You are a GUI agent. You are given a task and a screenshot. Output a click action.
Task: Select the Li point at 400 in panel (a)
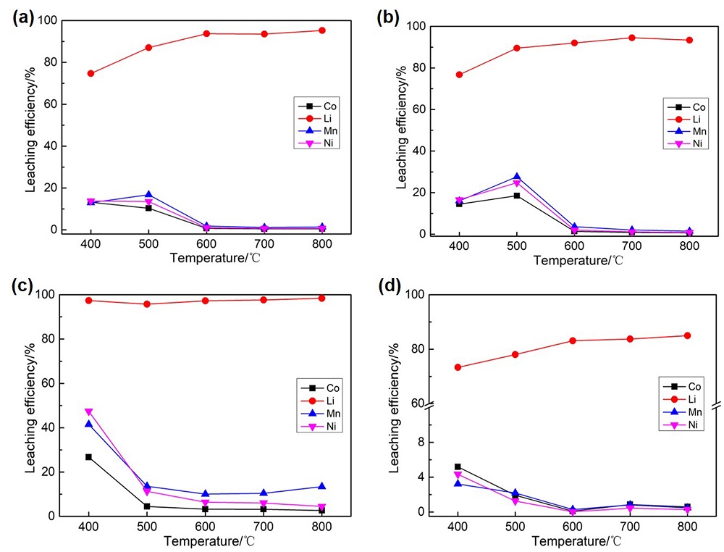pos(90,73)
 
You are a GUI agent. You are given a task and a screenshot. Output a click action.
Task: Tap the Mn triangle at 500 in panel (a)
pos(148,195)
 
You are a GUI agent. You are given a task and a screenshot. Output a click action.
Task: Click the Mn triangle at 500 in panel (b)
pos(517,177)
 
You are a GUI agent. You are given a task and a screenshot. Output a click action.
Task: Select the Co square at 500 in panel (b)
pos(517,196)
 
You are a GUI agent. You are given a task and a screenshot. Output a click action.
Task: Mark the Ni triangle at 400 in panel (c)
pos(89,412)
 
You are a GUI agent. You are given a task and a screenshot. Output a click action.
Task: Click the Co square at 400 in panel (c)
pos(89,457)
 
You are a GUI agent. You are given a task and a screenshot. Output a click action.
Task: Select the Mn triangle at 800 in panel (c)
pos(321,487)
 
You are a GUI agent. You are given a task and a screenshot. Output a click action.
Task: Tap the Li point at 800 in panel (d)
pos(686,335)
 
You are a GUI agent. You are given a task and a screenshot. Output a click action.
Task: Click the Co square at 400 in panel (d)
pos(457,467)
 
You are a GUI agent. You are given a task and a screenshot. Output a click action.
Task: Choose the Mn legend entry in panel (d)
pos(684,411)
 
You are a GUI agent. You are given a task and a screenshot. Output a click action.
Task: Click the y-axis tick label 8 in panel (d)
pos(416,442)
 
